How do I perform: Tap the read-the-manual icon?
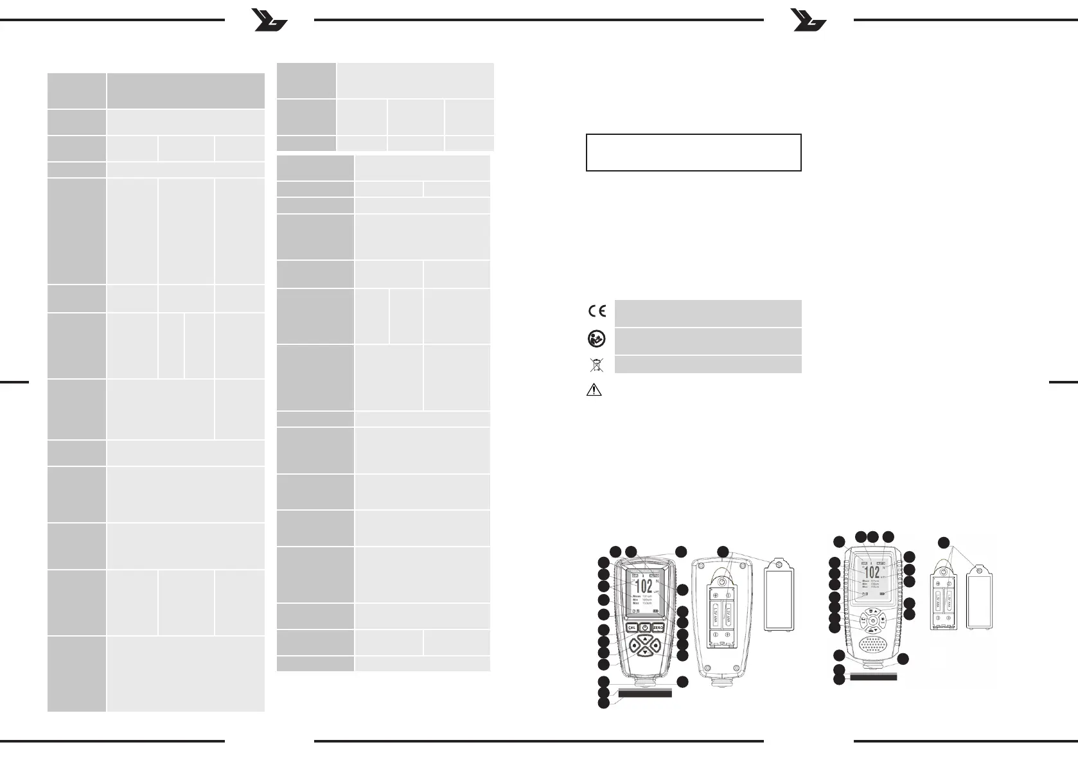[597, 339]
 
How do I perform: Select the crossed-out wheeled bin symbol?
[597, 365]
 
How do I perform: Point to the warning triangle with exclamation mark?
[594, 390]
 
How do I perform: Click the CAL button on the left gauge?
[631, 628]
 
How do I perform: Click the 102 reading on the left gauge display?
[643, 585]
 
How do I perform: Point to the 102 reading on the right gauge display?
[872, 572]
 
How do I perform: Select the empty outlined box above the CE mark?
[693, 152]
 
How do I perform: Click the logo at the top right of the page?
[809, 21]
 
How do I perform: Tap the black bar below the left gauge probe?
[645, 693]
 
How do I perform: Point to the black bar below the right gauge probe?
[872, 676]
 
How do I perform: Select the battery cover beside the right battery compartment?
[980, 596]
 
